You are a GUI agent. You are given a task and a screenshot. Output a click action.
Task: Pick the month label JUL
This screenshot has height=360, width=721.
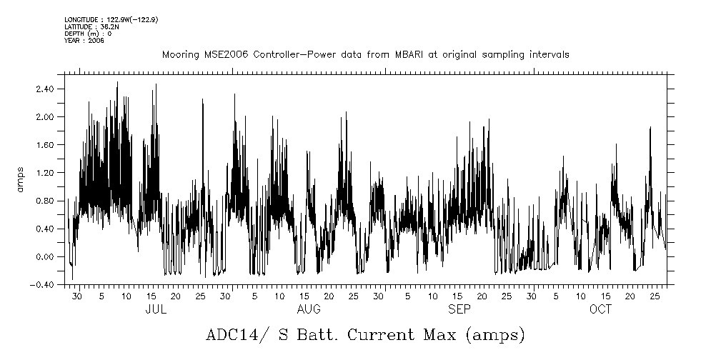[x=156, y=310]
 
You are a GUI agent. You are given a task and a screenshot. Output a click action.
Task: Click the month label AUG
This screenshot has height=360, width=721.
[x=308, y=310]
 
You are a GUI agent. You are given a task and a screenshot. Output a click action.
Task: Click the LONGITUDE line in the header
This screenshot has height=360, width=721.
[x=111, y=19]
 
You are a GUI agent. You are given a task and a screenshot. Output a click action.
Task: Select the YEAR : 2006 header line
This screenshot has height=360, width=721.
[x=84, y=41]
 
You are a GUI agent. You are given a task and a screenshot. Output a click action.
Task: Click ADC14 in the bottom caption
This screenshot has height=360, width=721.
[x=231, y=335]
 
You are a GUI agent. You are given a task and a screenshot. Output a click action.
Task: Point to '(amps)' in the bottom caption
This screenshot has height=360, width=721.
[x=494, y=335]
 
